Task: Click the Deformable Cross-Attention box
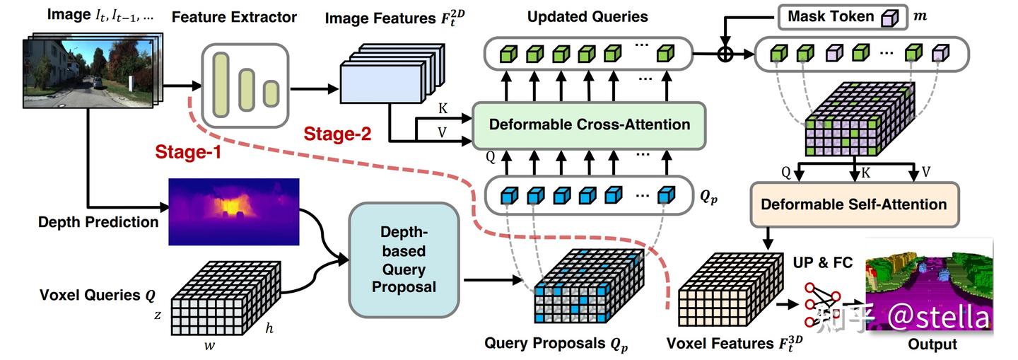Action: tap(588, 125)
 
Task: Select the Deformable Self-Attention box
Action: tap(853, 204)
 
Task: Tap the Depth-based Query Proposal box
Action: tap(404, 260)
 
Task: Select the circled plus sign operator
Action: tap(725, 54)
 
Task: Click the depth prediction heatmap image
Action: tap(233, 211)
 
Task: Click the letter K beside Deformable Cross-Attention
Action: tap(443, 109)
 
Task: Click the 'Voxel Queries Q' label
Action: tap(98, 295)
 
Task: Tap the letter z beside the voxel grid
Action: tap(158, 315)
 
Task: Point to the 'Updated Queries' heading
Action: tap(587, 16)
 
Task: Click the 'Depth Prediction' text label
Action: tap(98, 222)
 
